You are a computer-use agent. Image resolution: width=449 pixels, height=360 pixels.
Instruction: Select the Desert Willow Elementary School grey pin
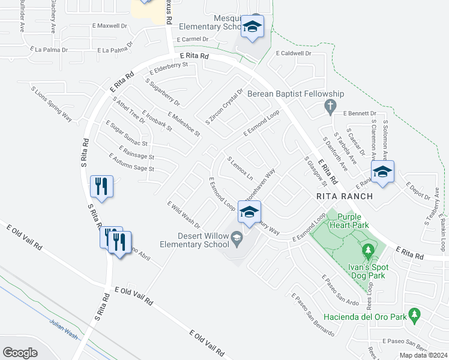click(x=237, y=238)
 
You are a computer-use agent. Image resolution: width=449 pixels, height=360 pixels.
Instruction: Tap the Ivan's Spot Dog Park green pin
click(x=368, y=248)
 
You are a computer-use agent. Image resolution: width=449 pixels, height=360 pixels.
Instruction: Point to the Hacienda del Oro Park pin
click(x=414, y=314)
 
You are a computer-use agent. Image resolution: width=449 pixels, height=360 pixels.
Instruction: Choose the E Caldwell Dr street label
click(x=294, y=53)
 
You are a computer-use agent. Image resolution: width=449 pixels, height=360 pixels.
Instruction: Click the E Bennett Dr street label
click(x=360, y=113)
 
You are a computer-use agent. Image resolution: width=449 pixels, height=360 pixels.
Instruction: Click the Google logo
click(x=20, y=352)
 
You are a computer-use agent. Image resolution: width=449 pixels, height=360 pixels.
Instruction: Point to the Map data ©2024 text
click(x=423, y=355)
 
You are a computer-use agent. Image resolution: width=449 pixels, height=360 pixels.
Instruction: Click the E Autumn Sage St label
click(x=131, y=163)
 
